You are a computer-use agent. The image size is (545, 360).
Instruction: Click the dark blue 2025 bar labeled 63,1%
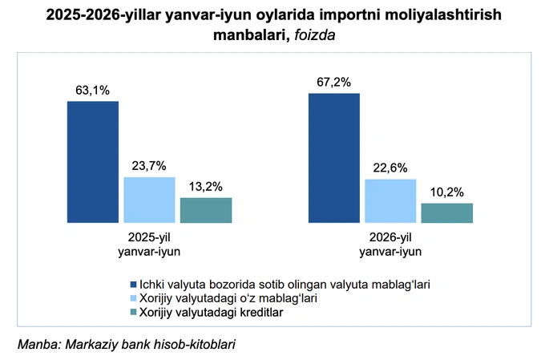93,162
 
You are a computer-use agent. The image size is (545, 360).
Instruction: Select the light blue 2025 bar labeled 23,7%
149,200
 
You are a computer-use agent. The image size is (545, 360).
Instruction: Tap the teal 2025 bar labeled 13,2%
206,210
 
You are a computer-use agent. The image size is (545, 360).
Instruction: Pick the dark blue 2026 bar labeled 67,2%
334,158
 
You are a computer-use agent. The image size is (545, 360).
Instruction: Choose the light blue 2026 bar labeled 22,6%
390,201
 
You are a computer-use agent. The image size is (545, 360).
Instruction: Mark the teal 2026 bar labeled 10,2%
447,213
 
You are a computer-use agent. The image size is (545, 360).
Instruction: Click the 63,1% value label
92,91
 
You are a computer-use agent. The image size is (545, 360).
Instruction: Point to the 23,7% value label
149,166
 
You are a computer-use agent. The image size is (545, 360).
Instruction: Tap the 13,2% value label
206,187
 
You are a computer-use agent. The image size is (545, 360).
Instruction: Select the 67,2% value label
333,83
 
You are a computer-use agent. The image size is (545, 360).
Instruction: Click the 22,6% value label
390,168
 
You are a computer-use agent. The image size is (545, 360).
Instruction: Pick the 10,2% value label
447,192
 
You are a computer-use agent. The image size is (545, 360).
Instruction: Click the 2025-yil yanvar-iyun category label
149,245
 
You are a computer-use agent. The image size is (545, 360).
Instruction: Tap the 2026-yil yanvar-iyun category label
390,245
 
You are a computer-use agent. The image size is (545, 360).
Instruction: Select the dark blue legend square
134,285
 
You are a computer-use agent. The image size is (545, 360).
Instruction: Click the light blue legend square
134,298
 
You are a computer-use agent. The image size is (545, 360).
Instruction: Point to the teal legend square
134,313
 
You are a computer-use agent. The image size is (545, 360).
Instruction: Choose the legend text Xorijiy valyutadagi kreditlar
212,313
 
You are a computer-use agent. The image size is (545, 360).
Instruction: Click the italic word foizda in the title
315,35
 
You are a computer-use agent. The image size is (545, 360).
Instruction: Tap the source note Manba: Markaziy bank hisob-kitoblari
127,344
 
